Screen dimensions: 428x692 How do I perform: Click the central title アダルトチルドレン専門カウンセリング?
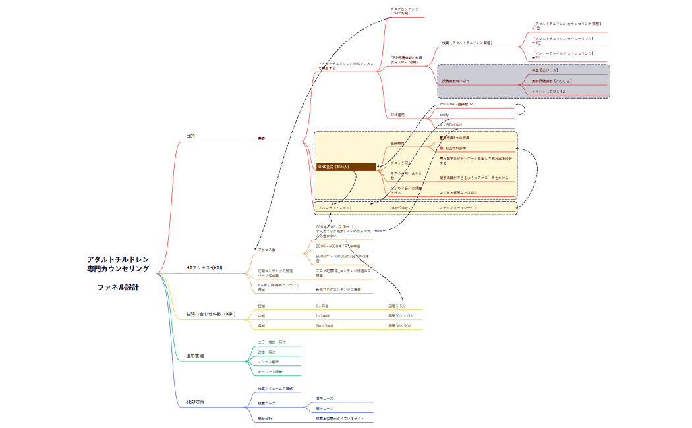click(x=118, y=264)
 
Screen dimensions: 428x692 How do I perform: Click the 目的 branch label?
click(x=190, y=136)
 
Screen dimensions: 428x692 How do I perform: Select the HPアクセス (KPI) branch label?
click(x=204, y=267)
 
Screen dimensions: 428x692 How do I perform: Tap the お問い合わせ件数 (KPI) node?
click(x=210, y=314)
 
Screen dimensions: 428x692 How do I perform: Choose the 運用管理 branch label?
click(x=195, y=356)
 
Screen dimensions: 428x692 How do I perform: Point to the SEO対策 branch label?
click(x=196, y=402)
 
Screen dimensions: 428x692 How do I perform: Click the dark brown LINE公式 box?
click(x=346, y=167)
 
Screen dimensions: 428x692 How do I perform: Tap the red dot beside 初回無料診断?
click(x=442, y=148)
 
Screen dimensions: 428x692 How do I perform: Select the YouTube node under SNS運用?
click(x=458, y=105)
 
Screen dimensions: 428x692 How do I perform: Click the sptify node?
click(x=444, y=115)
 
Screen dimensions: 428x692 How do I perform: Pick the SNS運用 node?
click(x=397, y=115)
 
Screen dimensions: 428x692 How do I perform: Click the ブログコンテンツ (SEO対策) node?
click(x=404, y=11)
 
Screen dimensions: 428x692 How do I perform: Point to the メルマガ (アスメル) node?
click(x=335, y=207)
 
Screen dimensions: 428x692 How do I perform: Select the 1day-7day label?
click(x=400, y=207)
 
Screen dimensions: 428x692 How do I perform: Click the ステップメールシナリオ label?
click(x=459, y=207)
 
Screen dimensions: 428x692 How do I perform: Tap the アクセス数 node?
click(x=267, y=250)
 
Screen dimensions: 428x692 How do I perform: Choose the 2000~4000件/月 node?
click(x=338, y=246)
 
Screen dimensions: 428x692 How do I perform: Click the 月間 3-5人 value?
click(x=397, y=306)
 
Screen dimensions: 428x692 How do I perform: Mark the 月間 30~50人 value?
click(x=399, y=325)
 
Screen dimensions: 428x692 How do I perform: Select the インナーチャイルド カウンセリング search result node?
click(x=563, y=55)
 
